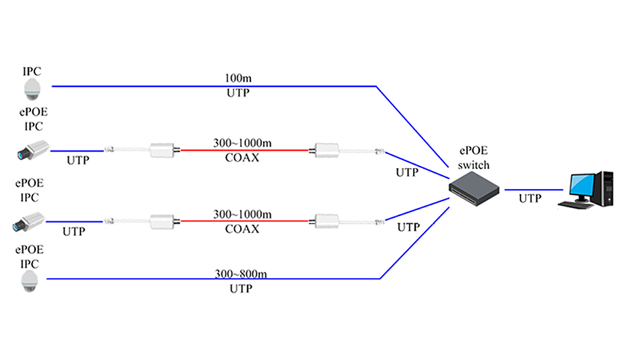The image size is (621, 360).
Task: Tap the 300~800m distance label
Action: pos(241,274)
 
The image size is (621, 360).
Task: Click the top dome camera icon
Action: pos(32,88)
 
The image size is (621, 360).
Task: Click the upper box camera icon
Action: pos(31,150)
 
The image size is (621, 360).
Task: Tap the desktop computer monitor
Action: pos(582,185)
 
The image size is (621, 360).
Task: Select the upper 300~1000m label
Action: pos(242,143)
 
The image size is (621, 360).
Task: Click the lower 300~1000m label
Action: pos(242,214)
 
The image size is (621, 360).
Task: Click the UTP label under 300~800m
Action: pos(241,288)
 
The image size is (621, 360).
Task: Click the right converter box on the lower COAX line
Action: pos(324,221)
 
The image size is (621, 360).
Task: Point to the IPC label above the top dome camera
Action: pos(32,70)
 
